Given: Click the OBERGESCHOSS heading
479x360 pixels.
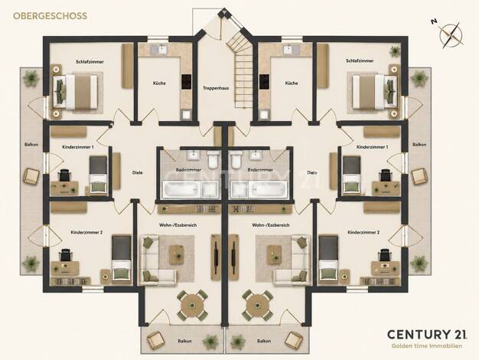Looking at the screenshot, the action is [50, 16].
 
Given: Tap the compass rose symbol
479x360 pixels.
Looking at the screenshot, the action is [451, 34].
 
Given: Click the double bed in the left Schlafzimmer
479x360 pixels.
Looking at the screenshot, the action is [76, 92].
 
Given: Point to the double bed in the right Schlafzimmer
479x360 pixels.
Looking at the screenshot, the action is [375, 92].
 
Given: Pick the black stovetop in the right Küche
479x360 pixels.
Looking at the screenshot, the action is [264, 82].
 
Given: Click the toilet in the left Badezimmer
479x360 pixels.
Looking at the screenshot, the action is [213, 160].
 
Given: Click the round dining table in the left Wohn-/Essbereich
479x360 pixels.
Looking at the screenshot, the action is [193, 305].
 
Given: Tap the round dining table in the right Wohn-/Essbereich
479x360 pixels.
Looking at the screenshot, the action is [258, 305].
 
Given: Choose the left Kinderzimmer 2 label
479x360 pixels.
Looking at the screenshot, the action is [86, 232].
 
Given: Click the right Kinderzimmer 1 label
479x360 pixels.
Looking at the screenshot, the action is [373, 147].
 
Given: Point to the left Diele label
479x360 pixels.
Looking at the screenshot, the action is [138, 172].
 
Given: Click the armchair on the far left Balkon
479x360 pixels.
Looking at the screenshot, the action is [31, 176].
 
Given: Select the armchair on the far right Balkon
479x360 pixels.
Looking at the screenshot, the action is [419, 176].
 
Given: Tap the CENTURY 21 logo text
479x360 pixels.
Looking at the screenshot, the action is [427, 334].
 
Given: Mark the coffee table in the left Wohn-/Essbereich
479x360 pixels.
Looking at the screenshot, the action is [177, 254].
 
